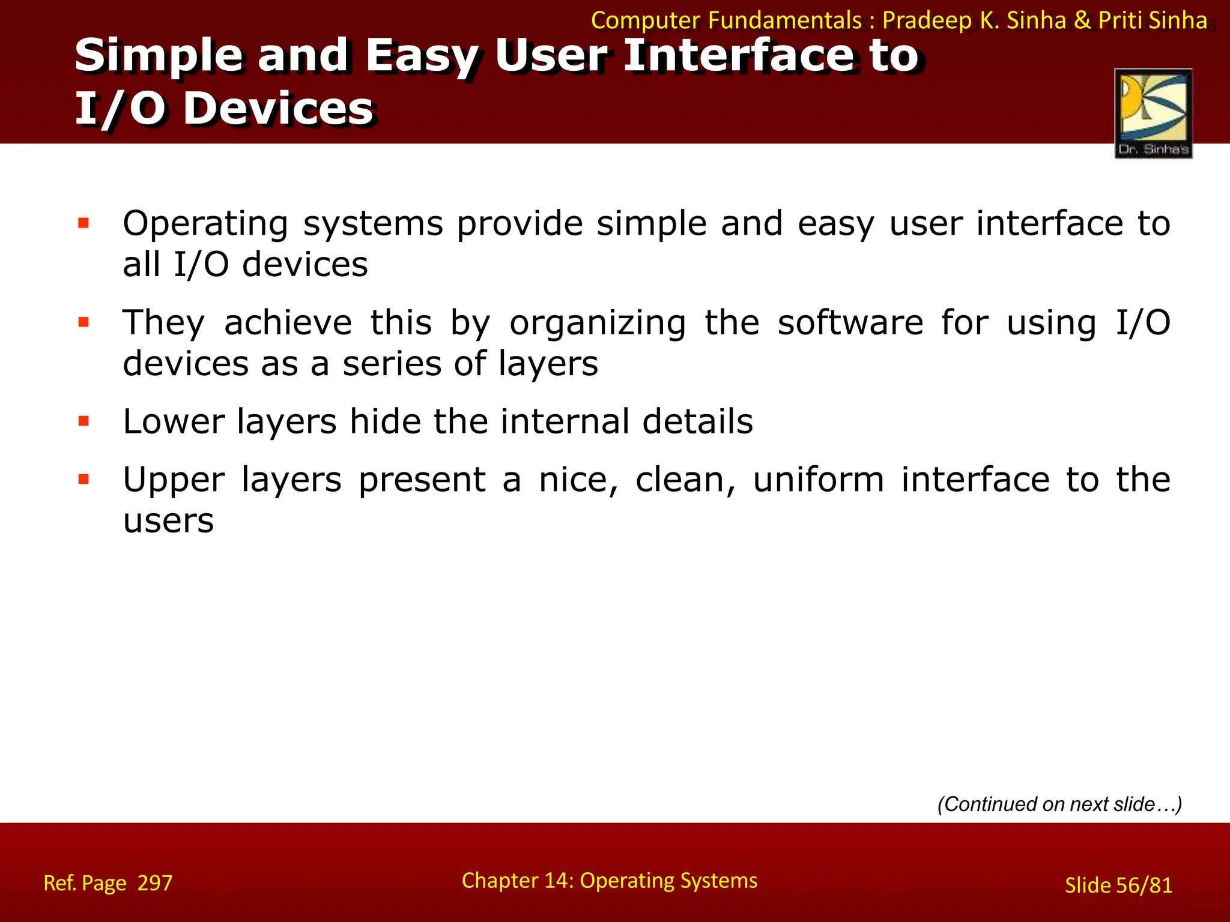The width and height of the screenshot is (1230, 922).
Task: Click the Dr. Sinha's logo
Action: [x=1153, y=113]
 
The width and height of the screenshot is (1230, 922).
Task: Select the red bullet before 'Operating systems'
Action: [x=83, y=224]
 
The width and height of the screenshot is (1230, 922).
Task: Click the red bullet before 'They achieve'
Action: [x=83, y=323]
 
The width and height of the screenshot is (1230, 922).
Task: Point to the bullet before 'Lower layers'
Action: [x=83, y=421]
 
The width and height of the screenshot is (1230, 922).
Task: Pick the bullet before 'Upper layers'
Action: [x=83, y=480]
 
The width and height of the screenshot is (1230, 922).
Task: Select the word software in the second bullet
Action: [x=850, y=323]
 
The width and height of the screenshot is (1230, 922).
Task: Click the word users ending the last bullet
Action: [x=168, y=521]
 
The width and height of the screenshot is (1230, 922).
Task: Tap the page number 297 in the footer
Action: [x=155, y=883]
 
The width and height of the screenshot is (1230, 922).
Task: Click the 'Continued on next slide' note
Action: [x=1059, y=804]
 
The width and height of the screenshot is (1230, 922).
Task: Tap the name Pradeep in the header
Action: [x=927, y=20]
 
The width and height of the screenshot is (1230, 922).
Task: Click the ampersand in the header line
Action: [x=1082, y=20]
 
